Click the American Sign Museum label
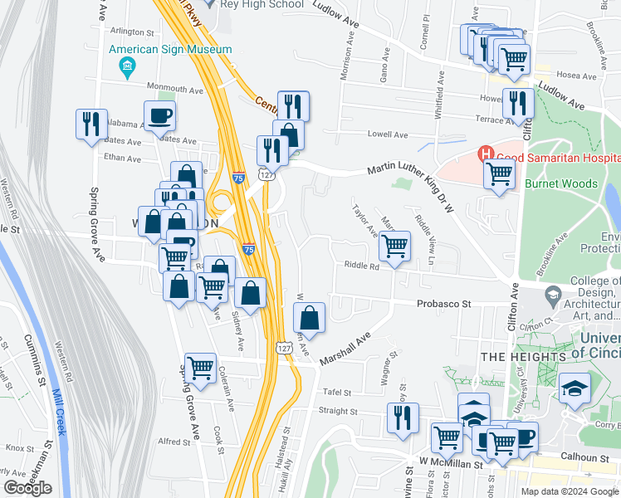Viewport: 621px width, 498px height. point(170,50)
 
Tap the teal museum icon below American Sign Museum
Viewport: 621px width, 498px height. point(127,66)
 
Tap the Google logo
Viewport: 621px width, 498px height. point(27,488)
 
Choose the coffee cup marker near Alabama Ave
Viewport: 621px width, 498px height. point(159,116)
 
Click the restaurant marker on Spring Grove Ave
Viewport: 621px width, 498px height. point(91,124)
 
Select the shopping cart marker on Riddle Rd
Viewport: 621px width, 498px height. point(394,245)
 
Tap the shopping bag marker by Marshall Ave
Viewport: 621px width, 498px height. point(309,317)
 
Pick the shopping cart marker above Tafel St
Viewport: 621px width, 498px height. point(200,368)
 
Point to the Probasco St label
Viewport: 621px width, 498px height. point(443,305)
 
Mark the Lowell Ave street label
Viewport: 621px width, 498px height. point(389,134)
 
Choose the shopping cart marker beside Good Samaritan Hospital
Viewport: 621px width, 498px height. point(499,173)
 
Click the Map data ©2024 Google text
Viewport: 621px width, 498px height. point(569,491)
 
